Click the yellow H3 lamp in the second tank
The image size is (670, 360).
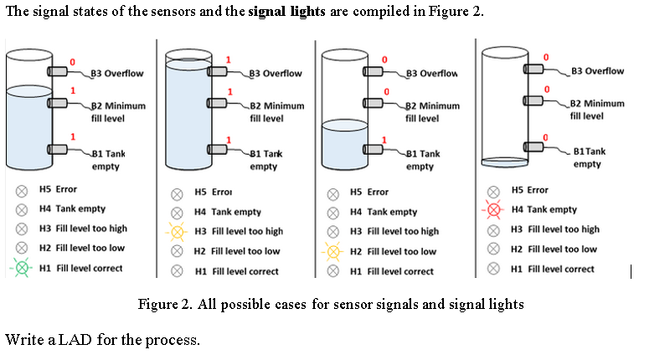177,231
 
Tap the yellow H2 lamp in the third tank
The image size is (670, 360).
332,251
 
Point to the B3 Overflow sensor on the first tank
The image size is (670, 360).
58,73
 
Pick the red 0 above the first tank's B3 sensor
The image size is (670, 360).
72,61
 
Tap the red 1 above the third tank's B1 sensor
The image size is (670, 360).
384,139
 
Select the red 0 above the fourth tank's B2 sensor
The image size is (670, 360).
547,89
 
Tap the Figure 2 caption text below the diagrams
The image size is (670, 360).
330,304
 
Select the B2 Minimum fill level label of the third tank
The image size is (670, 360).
432,111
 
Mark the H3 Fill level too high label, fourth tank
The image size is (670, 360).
554,229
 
